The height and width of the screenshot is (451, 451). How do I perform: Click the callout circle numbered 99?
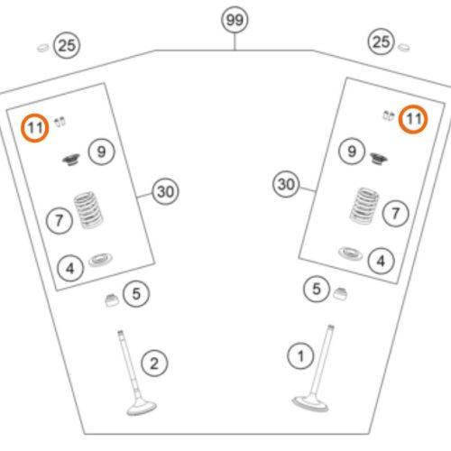(x=235, y=20)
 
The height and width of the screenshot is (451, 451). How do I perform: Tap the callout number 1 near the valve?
(x=300, y=356)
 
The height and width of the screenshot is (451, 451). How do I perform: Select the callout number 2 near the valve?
(x=154, y=364)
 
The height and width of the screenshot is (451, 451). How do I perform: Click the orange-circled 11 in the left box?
(x=34, y=128)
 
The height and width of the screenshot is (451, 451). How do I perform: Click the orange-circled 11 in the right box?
(x=413, y=119)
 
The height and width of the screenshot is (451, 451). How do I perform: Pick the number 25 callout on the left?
(x=67, y=45)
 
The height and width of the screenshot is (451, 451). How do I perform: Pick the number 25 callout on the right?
(x=381, y=41)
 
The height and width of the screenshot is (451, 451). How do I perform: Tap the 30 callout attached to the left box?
(x=165, y=191)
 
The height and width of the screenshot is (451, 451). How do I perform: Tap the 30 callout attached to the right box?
(x=286, y=184)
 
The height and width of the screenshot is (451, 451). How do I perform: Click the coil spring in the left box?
(x=88, y=209)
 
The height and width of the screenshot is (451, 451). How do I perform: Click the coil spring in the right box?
(x=364, y=206)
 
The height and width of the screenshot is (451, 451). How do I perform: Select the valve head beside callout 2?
(x=142, y=408)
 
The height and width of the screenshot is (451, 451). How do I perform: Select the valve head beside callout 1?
(x=310, y=404)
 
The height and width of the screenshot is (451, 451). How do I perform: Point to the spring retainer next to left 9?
(x=71, y=160)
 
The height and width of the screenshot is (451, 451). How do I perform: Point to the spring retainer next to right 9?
(x=379, y=158)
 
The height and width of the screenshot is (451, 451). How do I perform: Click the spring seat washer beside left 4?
(x=100, y=260)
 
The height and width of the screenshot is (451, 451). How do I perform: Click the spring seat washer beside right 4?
(x=350, y=253)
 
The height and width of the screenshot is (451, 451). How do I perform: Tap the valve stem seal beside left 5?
(x=112, y=300)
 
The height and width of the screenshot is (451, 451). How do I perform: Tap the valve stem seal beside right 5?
(x=340, y=294)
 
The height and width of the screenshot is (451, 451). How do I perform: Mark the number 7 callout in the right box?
(x=395, y=214)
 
